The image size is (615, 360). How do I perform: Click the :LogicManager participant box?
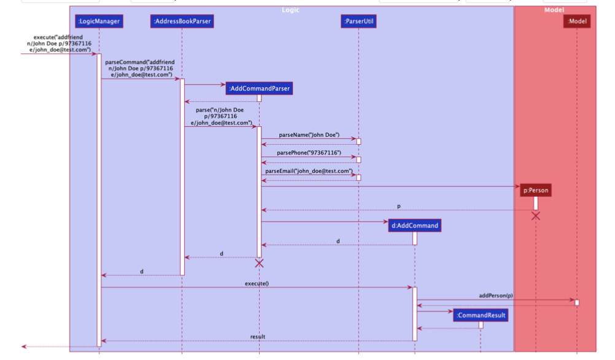click(x=99, y=21)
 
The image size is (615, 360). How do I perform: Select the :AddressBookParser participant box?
click(x=182, y=21)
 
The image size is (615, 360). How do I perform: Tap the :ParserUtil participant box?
click(x=358, y=21)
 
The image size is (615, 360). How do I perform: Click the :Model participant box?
click(x=577, y=21)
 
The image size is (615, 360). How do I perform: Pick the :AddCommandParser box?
click(x=258, y=89)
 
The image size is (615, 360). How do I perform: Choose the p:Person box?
click(x=535, y=190)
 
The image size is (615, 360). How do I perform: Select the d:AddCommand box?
click(x=415, y=225)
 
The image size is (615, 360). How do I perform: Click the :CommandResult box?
click(x=481, y=315)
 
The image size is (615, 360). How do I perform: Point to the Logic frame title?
click(x=291, y=10)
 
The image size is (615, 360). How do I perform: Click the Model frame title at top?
click(x=554, y=10)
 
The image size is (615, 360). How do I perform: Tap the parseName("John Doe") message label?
click(x=309, y=135)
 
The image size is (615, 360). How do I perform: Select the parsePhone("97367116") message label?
click(x=309, y=153)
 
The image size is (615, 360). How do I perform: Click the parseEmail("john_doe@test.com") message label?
click(x=309, y=170)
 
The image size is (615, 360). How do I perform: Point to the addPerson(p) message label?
click(x=496, y=296)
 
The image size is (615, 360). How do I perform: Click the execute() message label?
click(x=257, y=283)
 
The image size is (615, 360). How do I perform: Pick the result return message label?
click(x=258, y=337)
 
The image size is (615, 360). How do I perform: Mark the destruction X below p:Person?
click(x=536, y=215)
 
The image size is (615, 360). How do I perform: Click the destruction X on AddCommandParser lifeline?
click(x=259, y=263)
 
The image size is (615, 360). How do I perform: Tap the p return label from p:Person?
click(x=399, y=206)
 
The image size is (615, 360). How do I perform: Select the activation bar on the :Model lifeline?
click(x=577, y=302)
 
